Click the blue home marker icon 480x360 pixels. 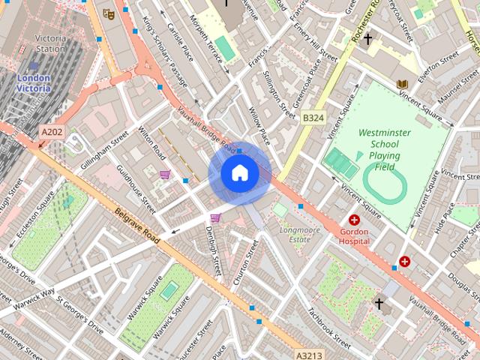pyautogui.click(x=240, y=172)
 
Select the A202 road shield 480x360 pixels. pyautogui.click(x=52, y=132)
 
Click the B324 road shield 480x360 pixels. pyautogui.click(x=313, y=118)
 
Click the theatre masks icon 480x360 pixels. pyautogui.click(x=109, y=13)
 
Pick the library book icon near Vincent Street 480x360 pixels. pyautogui.click(x=403, y=84)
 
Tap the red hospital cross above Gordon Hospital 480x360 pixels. pyautogui.click(x=354, y=220)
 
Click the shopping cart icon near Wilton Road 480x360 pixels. pyautogui.click(x=164, y=175)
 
